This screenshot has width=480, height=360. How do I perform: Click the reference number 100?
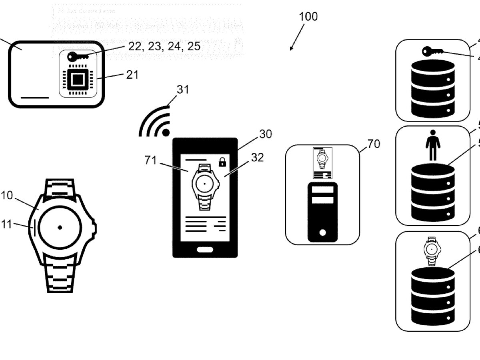point(308,16)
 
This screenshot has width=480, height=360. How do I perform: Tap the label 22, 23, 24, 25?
point(164,46)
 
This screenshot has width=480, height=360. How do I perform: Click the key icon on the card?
point(76,56)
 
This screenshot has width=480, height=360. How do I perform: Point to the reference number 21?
point(132,74)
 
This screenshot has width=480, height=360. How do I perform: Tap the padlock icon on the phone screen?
point(222,162)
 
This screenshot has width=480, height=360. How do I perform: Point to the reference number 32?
point(258,158)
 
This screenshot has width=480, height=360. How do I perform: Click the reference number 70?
point(374,144)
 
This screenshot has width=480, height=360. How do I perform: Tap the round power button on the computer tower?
point(322,232)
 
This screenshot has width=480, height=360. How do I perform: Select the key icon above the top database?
point(432,52)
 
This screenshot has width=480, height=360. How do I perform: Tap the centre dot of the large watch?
point(60,227)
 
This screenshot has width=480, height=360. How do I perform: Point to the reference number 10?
point(6,195)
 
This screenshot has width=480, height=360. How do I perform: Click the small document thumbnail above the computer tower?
point(322,163)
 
